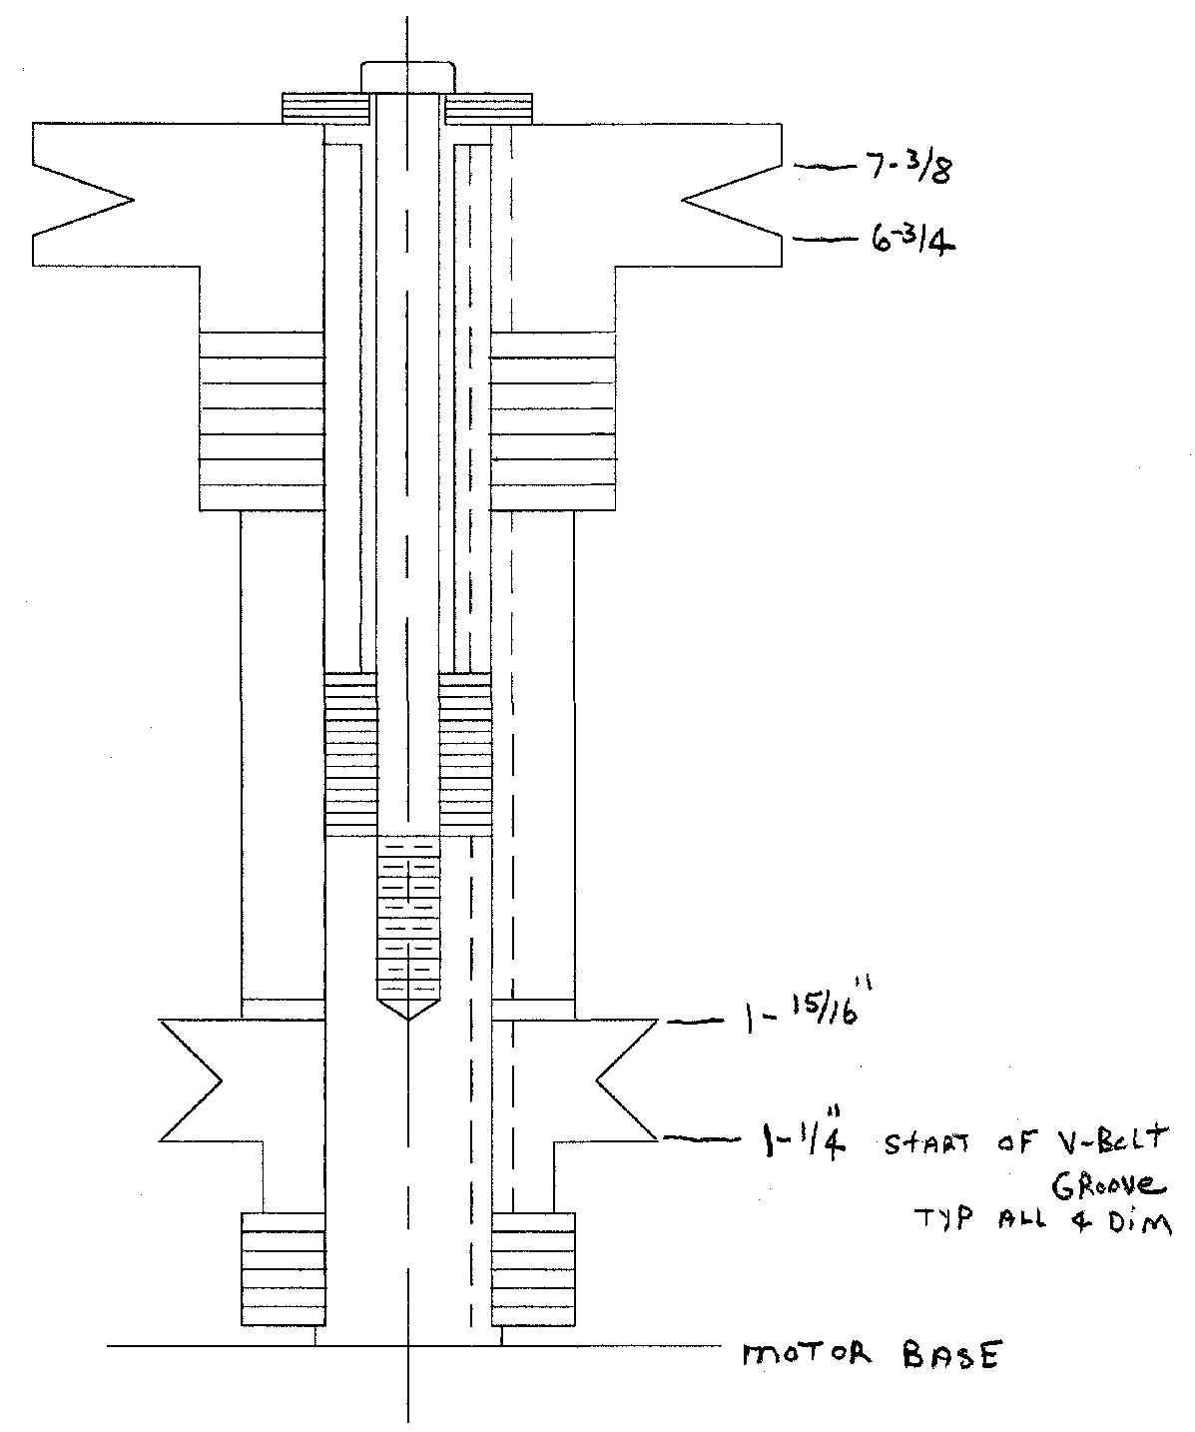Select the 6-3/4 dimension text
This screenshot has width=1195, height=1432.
[913, 241]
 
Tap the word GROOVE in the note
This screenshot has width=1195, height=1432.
[1108, 1184]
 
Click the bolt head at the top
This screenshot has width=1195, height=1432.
[407, 77]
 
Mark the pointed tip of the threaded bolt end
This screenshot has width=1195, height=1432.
[408, 1020]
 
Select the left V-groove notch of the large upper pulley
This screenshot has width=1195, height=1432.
[82, 201]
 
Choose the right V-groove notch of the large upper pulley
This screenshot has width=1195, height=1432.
[732, 201]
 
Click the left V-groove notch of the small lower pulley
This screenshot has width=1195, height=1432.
[191, 1080]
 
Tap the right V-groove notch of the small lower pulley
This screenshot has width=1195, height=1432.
[627, 1080]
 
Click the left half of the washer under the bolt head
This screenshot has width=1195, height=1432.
[326, 109]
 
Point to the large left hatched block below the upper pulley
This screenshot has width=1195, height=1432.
[262, 421]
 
